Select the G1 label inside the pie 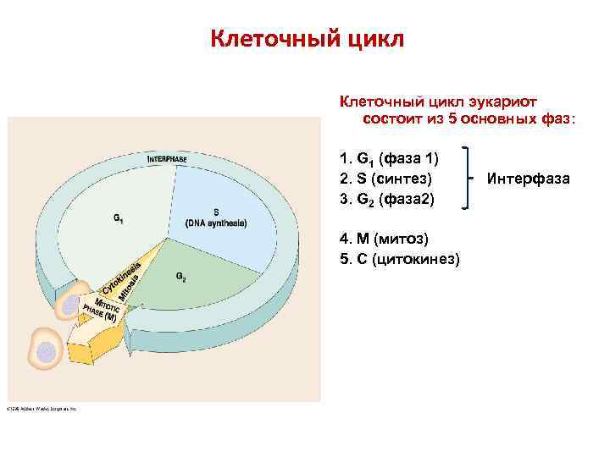(119, 217)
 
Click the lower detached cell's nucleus (47, 351)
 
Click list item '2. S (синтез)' (385, 179)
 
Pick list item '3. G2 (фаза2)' (386, 200)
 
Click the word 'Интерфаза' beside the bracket (528, 179)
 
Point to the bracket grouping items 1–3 (469, 178)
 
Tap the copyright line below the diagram (42, 408)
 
